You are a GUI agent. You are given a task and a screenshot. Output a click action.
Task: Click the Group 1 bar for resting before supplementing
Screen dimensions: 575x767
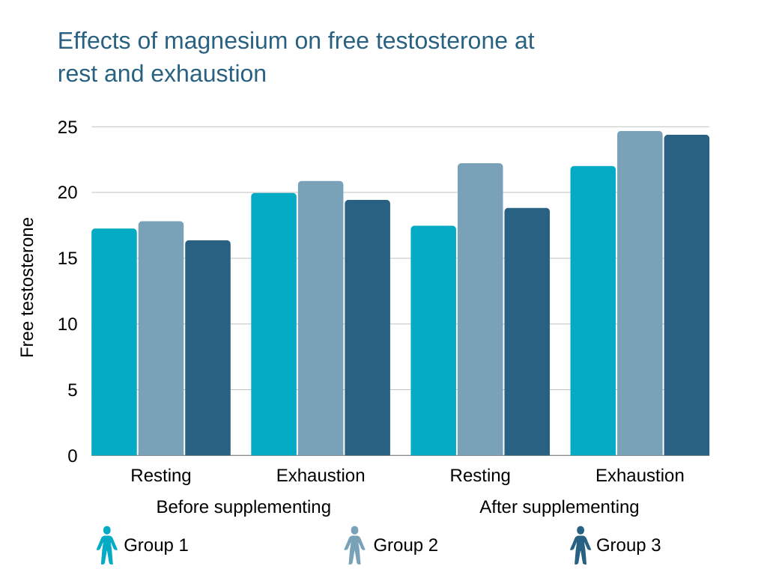114,342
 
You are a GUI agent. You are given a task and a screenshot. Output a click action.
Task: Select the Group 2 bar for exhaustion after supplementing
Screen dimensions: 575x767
640,293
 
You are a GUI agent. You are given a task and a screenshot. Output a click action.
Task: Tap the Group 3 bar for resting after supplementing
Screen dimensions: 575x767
527,332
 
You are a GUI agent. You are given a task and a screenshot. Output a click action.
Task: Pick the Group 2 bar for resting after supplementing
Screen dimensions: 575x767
480,309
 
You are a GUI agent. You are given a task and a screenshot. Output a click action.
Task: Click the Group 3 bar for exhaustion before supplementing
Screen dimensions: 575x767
367,328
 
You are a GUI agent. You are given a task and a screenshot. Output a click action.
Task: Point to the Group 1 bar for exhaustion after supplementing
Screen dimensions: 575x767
592,311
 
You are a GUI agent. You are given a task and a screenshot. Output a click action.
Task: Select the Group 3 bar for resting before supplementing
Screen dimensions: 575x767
207,348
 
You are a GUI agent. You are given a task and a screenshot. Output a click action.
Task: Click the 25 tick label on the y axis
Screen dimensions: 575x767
67,127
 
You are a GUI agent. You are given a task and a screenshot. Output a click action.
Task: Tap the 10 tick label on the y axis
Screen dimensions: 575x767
67,324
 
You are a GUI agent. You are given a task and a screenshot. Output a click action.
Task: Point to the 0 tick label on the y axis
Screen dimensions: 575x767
73,456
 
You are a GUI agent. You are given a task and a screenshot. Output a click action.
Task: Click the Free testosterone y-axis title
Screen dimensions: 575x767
27,287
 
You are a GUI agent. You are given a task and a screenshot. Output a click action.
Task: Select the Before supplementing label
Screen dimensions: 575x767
243,507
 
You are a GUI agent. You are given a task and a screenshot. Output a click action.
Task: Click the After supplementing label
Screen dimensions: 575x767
559,507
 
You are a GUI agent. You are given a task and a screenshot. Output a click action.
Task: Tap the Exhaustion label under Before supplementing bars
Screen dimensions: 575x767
321,475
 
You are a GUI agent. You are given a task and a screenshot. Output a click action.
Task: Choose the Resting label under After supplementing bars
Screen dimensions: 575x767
480,475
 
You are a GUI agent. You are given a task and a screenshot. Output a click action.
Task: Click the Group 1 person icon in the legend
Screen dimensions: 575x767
107,545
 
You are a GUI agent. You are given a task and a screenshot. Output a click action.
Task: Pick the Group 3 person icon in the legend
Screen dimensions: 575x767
580,545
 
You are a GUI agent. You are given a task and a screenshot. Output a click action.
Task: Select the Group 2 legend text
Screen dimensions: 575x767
405,545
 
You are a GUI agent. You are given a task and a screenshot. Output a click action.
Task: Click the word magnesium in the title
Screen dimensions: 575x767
225,41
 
